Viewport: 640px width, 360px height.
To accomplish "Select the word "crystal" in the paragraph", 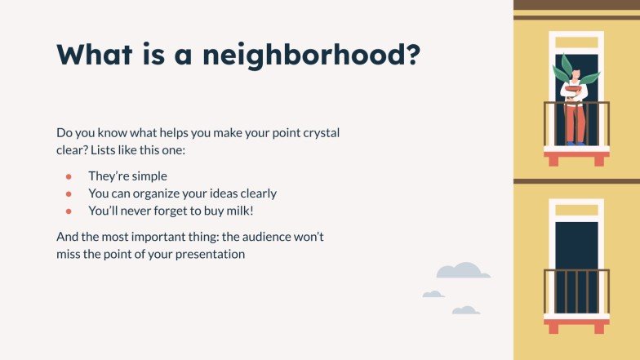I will pyautogui.click(x=331, y=132).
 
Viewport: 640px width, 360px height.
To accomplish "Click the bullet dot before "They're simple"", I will pyautogui.click(x=69, y=176).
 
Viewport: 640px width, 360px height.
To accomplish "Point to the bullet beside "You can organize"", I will pyautogui.click(x=69, y=193).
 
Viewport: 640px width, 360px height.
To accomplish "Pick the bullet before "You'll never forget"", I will pyautogui.click(x=69, y=211).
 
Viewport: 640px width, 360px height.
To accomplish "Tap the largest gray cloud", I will pyautogui.click(x=463, y=271).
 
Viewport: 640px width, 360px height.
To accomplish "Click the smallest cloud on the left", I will pyautogui.click(x=433, y=294).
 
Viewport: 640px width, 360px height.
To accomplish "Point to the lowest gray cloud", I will pyautogui.click(x=465, y=310).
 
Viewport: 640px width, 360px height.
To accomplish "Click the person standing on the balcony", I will pyautogui.click(x=576, y=106).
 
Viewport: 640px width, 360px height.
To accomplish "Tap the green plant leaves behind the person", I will pyautogui.click(x=563, y=69).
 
